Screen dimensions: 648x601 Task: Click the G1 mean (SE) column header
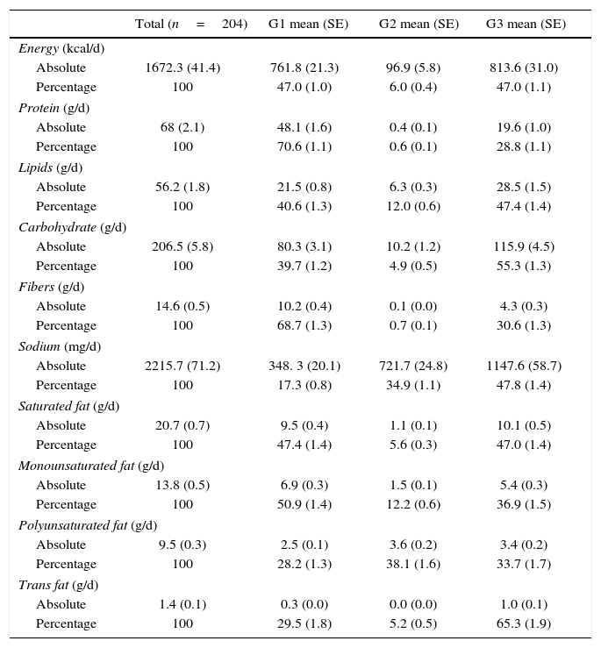click(308, 25)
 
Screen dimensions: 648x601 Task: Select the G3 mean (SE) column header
click(526, 25)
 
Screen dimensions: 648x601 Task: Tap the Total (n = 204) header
click(190, 25)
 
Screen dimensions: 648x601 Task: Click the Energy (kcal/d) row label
click(61, 48)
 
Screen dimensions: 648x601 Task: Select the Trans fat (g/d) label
click(58, 585)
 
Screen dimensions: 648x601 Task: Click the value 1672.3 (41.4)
click(182, 68)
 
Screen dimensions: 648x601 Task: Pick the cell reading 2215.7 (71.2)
click(182, 366)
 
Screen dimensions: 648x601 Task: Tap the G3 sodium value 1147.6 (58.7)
click(526, 366)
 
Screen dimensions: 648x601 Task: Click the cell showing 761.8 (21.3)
click(304, 68)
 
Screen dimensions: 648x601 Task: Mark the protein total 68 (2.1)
click(182, 127)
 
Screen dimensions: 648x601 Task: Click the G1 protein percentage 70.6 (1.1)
click(304, 146)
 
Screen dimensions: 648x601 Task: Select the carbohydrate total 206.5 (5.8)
click(182, 246)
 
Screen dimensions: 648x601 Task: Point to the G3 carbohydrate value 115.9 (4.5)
click(526, 246)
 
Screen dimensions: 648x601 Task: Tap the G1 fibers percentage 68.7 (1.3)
click(304, 325)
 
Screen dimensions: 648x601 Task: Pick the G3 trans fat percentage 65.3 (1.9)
click(526, 623)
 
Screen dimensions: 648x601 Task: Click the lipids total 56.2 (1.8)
click(182, 187)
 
